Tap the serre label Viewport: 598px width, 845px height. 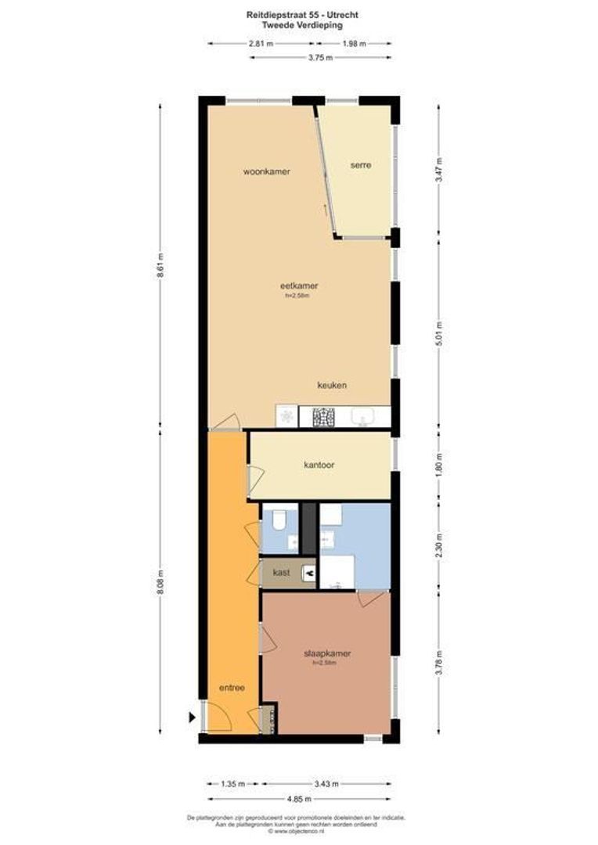tap(360, 165)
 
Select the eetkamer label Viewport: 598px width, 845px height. tap(302, 286)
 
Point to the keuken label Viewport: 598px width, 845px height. tap(332, 386)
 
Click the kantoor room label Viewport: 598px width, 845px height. tap(319, 465)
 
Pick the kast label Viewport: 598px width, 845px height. tap(282, 573)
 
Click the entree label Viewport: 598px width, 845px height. tap(232, 689)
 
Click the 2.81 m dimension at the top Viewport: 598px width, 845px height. tap(261, 44)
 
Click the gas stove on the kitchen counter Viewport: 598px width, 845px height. tap(324, 418)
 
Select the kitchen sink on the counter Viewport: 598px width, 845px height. tap(363, 418)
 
